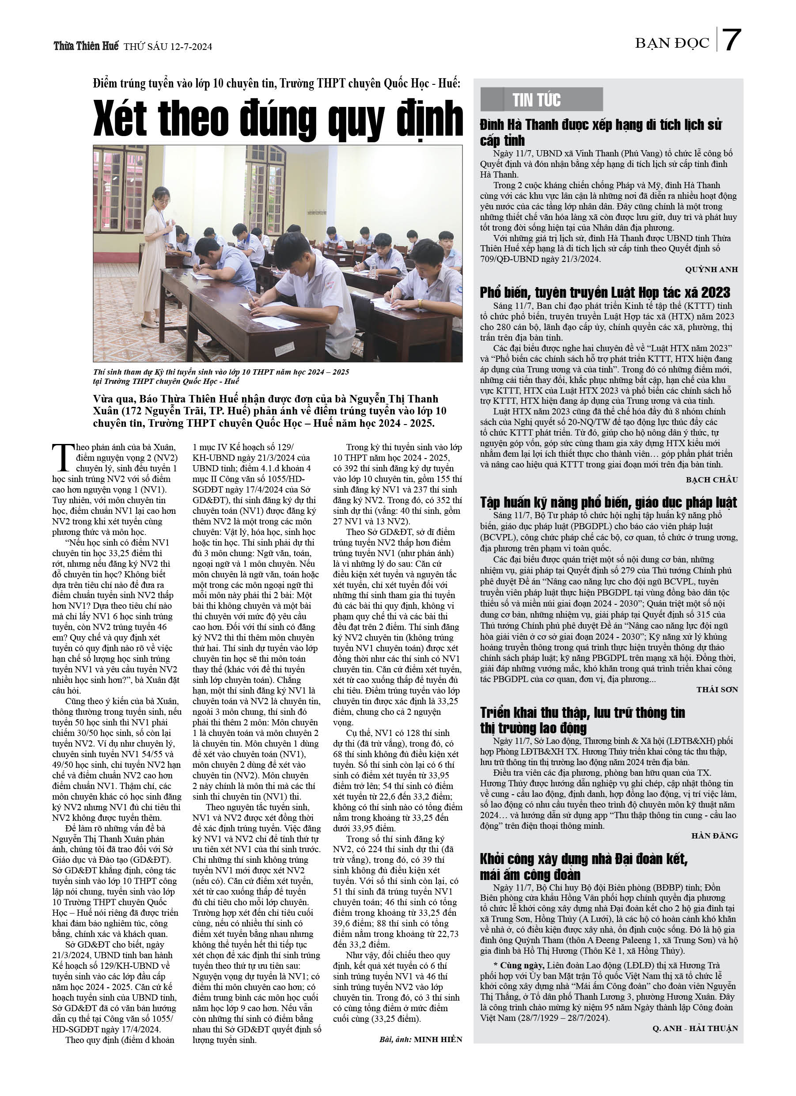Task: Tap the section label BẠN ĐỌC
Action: coord(672,43)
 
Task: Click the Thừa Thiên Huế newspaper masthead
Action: coord(86,46)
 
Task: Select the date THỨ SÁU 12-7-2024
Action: coord(168,47)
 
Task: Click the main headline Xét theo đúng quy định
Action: coord(278,119)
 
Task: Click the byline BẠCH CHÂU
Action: coord(712,480)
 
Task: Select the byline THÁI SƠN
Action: coord(717,690)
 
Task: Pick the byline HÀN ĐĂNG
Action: coord(714,835)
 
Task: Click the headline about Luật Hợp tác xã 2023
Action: coord(605,293)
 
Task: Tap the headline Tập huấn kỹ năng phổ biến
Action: coord(608,503)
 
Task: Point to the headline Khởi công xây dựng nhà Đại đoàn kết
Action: coord(584,866)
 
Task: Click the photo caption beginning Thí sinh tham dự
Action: coord(221,376)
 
